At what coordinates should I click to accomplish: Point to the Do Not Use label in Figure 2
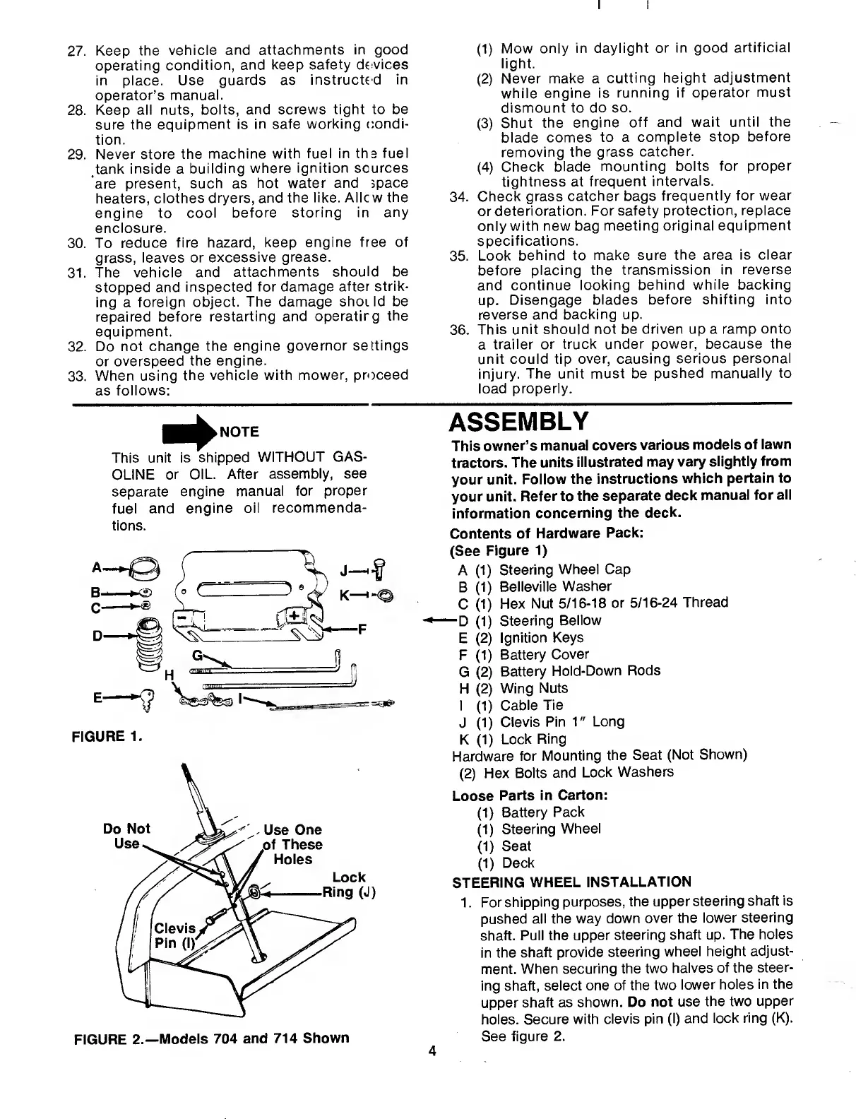127,836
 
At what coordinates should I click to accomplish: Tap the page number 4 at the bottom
432,1050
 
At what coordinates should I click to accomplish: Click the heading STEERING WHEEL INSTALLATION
571,882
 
